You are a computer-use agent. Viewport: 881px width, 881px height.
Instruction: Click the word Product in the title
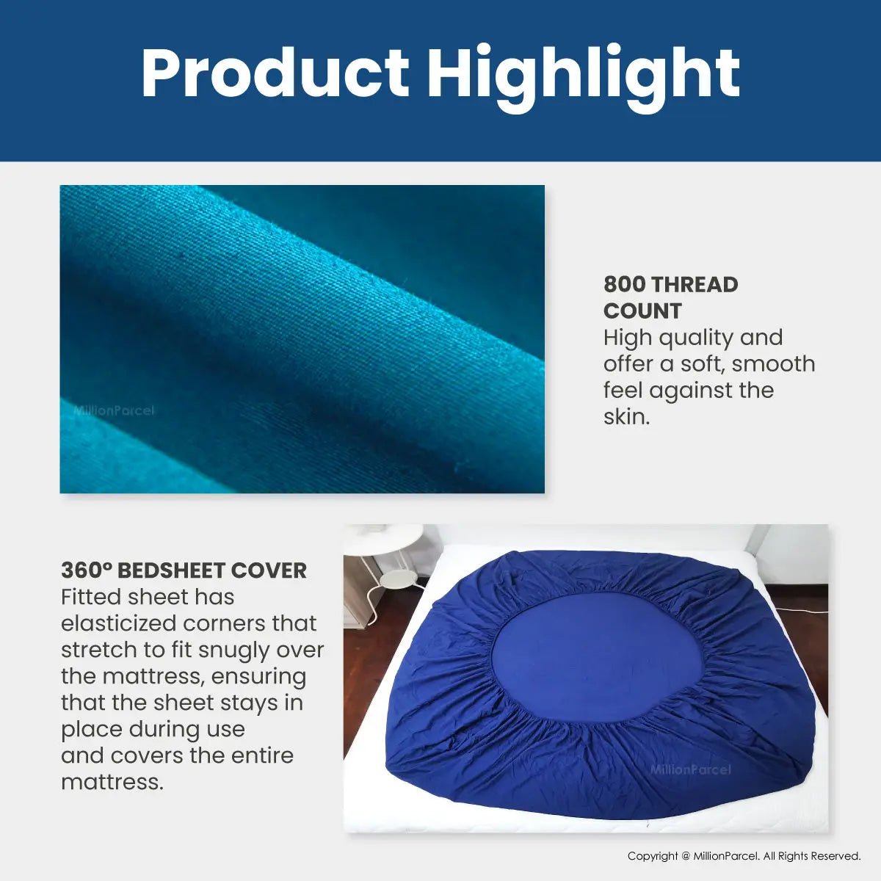click(275, 72)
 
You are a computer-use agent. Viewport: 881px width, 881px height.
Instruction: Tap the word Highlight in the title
click(584, 78)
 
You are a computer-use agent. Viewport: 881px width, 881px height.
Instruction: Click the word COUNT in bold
click(642, 311)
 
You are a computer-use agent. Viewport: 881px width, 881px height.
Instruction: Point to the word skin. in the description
click(626, 416)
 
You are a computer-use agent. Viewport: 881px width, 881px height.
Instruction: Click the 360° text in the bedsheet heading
click(87, 570)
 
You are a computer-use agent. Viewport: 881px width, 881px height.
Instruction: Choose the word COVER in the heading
click(269, 570)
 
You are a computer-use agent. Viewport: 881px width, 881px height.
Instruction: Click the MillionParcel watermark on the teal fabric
click(114, 410)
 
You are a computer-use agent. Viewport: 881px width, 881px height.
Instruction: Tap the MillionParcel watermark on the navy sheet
click(690, 769)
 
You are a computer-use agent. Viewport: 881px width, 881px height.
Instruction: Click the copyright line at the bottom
click(744, 856)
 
